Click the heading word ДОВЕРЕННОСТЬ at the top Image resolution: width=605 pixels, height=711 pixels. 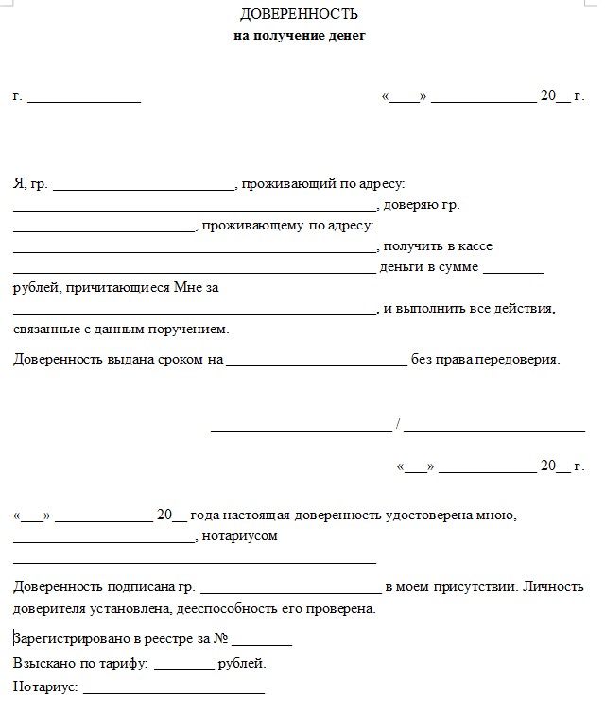299,15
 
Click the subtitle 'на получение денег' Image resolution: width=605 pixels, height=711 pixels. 299,36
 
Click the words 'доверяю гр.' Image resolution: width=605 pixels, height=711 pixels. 423,205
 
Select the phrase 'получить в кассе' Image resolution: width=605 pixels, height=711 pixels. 438,246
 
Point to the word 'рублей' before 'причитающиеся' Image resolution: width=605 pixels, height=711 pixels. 35,288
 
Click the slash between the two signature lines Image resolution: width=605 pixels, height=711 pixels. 399,423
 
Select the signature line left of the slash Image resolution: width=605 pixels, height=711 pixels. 300,430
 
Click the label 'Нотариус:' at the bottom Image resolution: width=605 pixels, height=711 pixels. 44,687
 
